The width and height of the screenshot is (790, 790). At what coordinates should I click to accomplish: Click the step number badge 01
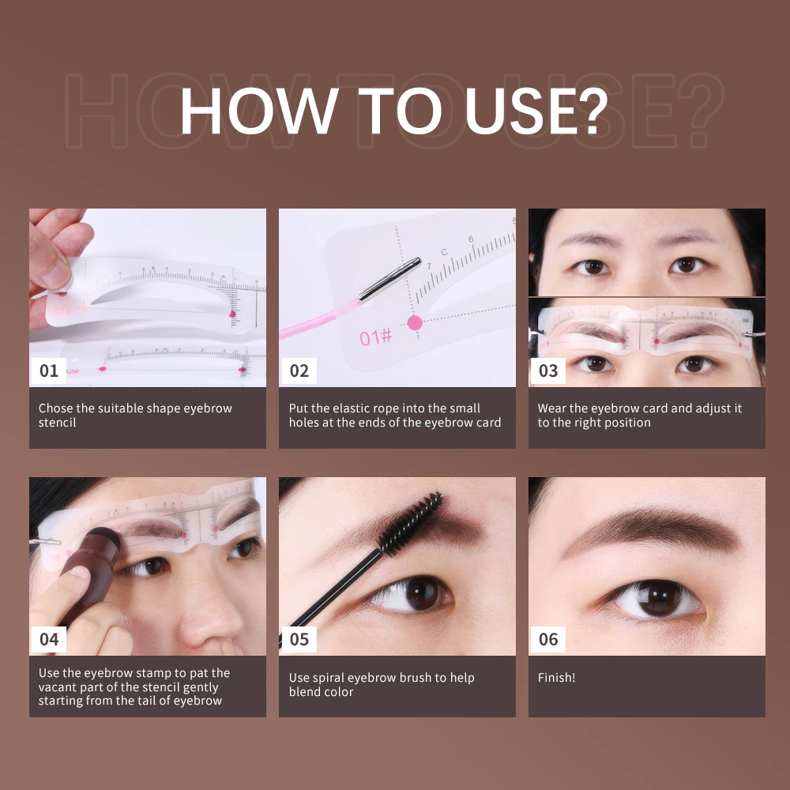pyautogui.click(x=49, y=371)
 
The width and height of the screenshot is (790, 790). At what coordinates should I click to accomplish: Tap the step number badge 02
pyautogui.click(x=299, y=371)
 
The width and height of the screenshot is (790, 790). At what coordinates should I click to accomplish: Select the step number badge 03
pyautogui.click(x=548, y=371)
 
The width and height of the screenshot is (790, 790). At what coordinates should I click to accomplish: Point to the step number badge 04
pyautogui.click(x=49, y=639)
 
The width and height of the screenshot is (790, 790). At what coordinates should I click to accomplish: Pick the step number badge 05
pyautogui.click(x=299, y=639)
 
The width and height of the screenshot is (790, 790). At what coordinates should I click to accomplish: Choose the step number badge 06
pyautogui.click(x=548, y=639)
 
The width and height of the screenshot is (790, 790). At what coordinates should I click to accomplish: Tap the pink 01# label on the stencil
pyautogui.click(x=376, y=337)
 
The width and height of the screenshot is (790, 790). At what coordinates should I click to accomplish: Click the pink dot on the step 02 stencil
pyautogui.click(x=414, y=322)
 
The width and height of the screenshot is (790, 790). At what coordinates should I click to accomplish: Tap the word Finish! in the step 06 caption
pyautogui.click(x=557, y=678)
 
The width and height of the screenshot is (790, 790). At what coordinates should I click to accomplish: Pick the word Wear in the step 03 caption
pyautogui.click(x=553, y=408)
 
